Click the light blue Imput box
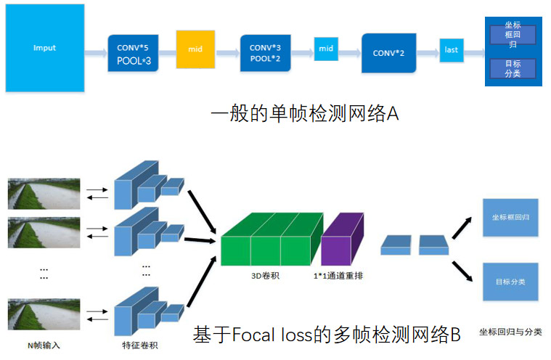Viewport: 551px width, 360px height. point(44,48)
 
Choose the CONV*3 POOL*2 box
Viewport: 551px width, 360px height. point(265,53)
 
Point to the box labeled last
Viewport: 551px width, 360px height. point(452,50)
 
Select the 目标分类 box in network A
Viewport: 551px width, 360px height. point(513,69)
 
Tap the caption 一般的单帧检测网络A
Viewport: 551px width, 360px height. point(305,114)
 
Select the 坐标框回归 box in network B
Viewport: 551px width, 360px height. point(510,216)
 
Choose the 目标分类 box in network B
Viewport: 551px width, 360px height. point(510,281)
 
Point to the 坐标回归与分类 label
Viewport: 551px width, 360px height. point(510,332)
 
